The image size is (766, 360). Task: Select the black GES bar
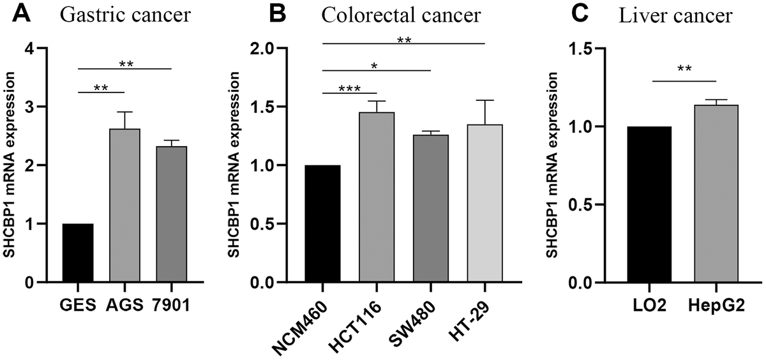coord(78,253)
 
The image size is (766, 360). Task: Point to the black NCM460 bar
coord(322,223)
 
